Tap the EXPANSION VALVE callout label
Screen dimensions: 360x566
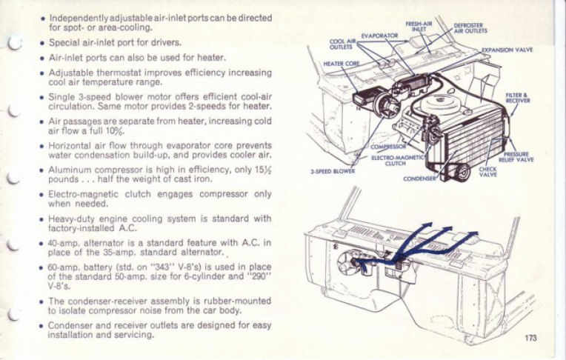pos(509,50)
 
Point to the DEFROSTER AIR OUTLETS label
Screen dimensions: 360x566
pos(470,28)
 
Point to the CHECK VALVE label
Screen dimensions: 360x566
pos(488,171)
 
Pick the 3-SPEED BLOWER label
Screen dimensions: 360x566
pos(333,170)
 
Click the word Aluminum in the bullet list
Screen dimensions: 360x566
pos(71,169)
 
